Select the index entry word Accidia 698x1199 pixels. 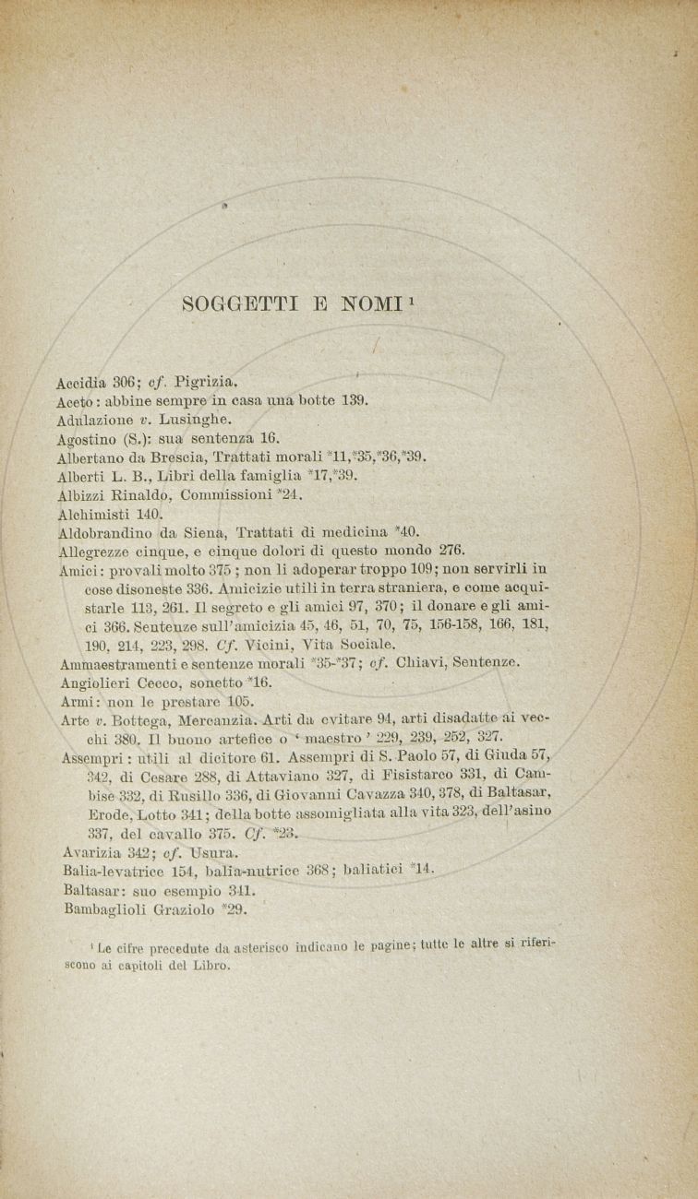tap(81, 380)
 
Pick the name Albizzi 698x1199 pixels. tap(80, 494)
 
